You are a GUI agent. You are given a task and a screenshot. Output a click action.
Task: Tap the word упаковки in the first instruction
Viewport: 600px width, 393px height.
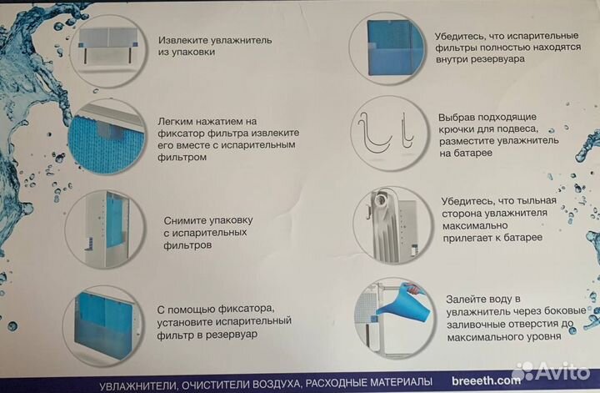click(193, 52)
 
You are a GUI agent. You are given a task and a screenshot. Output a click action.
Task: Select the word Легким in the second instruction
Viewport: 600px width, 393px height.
click(176, 120)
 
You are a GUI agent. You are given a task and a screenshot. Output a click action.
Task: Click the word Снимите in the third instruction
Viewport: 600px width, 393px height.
click(186, 220)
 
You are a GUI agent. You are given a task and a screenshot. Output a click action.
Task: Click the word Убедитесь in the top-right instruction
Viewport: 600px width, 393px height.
click(461, 37)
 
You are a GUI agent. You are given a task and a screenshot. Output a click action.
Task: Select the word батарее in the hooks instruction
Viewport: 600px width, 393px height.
click(467, 154)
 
